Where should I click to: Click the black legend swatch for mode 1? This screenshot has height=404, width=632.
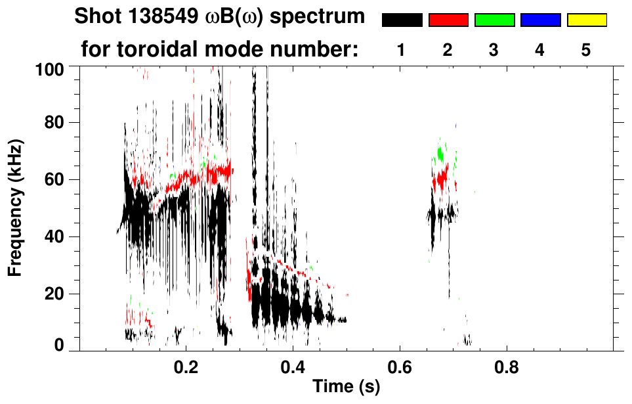(402, 20)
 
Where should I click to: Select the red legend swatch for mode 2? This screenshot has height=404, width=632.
(448, 20)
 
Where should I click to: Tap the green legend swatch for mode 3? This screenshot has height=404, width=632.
(494, 20)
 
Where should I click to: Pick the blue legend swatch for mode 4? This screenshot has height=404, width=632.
(540, 20)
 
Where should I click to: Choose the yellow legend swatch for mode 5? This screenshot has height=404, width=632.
(586, 20)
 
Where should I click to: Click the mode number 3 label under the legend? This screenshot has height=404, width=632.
(494, 49)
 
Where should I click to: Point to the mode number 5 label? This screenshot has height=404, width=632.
(586, 49)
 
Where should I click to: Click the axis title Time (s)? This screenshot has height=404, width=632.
(345, 387)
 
